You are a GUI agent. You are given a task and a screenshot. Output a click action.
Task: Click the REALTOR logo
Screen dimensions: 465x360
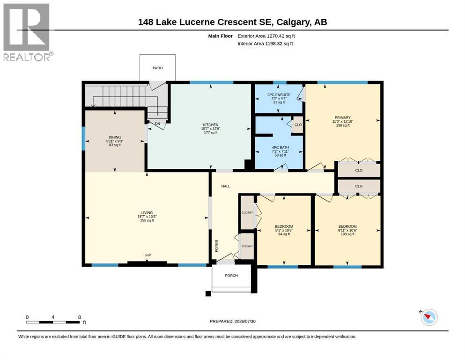(28, 32)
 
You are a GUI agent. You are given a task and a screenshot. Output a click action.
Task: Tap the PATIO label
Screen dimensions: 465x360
(157, 68)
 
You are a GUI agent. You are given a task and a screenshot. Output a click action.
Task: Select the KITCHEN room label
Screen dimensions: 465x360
(211, 125)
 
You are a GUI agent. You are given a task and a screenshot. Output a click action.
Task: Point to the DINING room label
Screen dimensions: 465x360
(115, 137)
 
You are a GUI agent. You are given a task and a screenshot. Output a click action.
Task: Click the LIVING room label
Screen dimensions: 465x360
(147, 213)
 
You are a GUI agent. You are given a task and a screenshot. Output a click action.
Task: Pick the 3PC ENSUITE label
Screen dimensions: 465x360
(279, 95)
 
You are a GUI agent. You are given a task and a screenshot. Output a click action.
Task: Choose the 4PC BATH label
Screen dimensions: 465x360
(280, 148)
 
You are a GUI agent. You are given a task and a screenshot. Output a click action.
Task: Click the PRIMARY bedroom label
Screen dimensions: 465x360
(342, 118)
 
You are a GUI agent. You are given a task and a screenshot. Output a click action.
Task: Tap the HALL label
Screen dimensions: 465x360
(226, 187)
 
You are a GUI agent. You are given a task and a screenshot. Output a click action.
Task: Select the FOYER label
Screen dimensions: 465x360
(216, 246)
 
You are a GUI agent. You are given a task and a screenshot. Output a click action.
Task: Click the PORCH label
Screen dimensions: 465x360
(231, 276)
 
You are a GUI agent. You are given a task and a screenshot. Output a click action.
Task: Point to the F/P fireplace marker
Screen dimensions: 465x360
(148, 255)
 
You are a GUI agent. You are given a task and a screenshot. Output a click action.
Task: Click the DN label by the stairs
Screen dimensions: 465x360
(157, 124)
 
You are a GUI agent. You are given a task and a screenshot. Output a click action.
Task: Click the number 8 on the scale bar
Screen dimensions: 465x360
(80, 317)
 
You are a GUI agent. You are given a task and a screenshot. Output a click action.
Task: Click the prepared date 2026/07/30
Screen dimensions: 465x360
(245, 322)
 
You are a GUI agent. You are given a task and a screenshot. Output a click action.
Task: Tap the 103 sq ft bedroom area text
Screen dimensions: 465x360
(347, 234)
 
